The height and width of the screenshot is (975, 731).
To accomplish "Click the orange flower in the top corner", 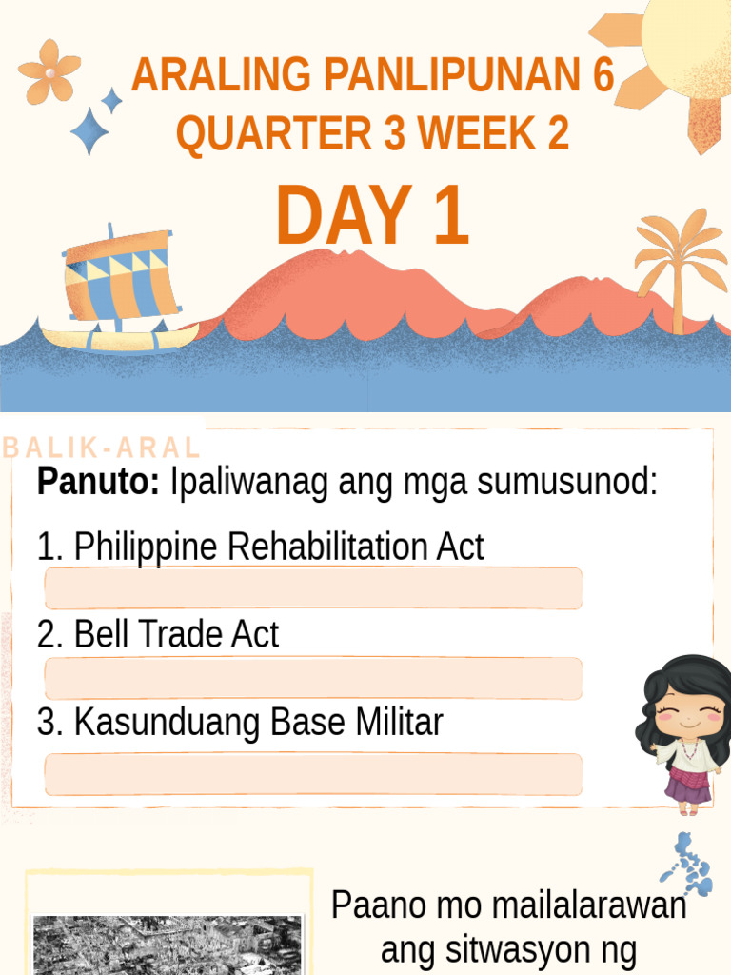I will point(49,71).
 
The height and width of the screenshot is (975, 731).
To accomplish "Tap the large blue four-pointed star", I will point(90,130).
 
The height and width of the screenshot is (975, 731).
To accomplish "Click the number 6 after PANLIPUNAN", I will point(603,76).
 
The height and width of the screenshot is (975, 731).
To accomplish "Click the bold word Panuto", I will point(98,483).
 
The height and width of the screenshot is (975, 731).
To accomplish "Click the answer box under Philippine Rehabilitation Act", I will point(313,588).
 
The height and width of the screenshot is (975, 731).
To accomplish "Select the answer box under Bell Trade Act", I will point(313,678).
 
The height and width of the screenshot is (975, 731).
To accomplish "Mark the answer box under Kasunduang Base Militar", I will point(313,774).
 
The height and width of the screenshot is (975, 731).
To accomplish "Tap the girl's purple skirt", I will point(687,786).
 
